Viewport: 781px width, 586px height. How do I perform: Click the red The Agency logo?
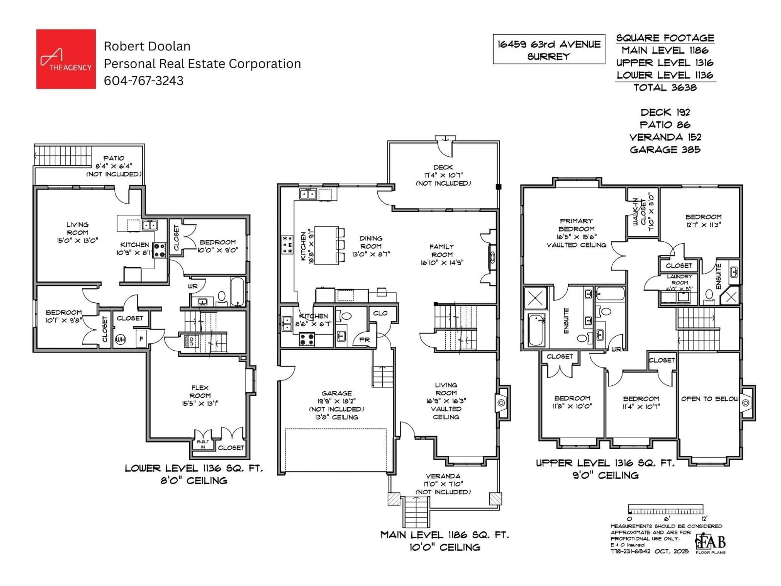click(66, 59)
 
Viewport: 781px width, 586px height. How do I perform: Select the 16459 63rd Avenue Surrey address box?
click(549, 49)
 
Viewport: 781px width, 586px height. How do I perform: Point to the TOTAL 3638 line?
click(665, 88)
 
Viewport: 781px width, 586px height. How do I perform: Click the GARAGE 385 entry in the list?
click(665, 150)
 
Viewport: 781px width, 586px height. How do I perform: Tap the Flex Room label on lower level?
click(200, 395)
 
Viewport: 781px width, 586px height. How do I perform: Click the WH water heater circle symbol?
click(120, 339)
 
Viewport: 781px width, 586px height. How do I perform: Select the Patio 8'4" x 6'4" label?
click(114, 166)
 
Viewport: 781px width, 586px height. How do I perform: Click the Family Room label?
click(442, 254)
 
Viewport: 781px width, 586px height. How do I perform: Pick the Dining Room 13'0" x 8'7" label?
click(371, 246)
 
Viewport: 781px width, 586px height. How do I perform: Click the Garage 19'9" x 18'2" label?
click(336, 405)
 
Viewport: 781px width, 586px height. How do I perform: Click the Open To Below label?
click(709, 399)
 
